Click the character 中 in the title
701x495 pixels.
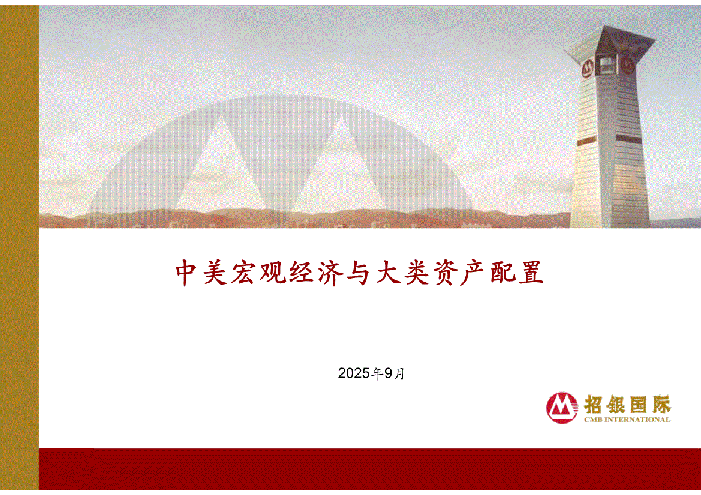(186, 273)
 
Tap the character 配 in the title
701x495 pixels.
(503, 273)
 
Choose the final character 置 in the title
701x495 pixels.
(531, 273)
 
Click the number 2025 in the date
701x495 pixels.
(354, 373)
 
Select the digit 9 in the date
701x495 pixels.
(388, 373)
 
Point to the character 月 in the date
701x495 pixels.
(399, 373)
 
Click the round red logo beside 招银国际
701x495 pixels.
(562, 408)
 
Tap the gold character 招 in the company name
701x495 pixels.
(594, 405)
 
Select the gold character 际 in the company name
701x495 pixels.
(661, 405)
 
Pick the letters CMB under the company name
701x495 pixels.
(593, 419)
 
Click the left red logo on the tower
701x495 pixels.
(587, 68)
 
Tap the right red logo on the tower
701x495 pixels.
(627, 66)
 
